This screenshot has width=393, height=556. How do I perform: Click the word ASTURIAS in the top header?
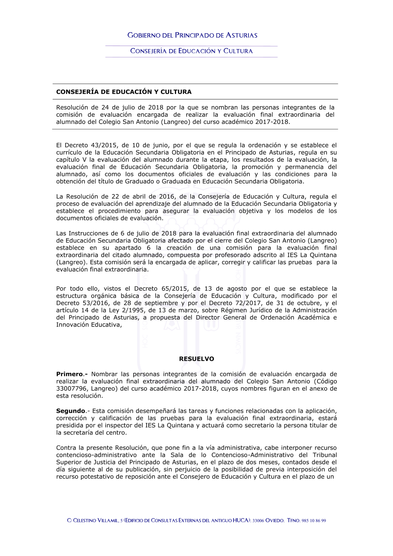pyautogui.click(x=241, y=35)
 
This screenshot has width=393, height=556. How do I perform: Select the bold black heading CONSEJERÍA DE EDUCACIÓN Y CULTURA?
pyautogui.click(x=124, y=92)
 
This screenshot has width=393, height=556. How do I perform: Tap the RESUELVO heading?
pyautogui.click(x=196, y=359)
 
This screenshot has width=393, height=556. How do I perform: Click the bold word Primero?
pyautogui.click(x=70, y=374)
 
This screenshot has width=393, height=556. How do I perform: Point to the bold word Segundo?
pyautogui.click(x=71, y=411)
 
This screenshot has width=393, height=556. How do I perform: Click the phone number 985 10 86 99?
pyautogui.click(x=314, y=521)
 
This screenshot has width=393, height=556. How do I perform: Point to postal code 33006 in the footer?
pyautogui.click(x=258, y=521)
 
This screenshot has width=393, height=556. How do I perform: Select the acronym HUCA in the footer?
pyautogui.click(x=241, y=520)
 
